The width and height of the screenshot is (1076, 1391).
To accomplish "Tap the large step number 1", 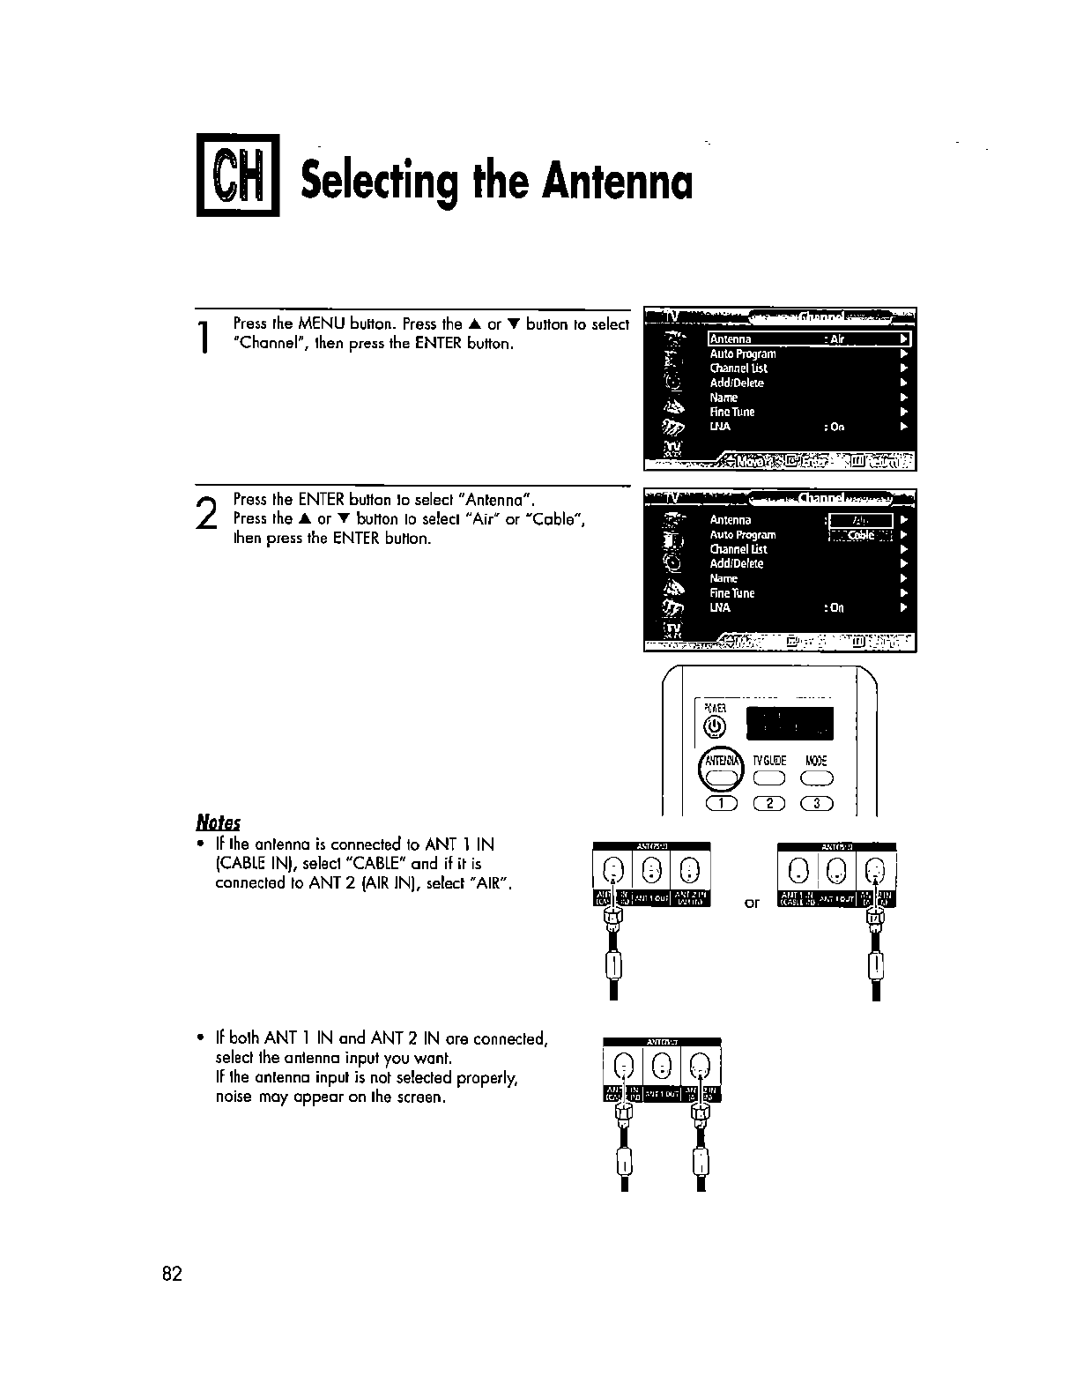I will point(204,338).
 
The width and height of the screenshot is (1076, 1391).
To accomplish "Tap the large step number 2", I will point(205,513).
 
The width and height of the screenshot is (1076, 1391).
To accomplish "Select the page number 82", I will point(172,1274).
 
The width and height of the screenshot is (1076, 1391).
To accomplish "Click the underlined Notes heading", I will point(218,822).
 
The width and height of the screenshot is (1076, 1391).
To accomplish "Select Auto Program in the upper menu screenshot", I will point(743,353).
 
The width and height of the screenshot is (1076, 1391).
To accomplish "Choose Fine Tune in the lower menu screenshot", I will point(732,593).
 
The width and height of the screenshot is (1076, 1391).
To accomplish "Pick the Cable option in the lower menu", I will point(861,535).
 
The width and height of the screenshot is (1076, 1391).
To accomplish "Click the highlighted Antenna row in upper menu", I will point(808,339).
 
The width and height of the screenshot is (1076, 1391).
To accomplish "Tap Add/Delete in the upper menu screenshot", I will point(737,383).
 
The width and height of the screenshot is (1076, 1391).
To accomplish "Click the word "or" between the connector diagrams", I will point(752,903).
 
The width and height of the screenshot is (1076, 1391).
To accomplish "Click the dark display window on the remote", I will point(789,723).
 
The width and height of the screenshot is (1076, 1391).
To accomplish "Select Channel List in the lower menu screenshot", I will point(738,549).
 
